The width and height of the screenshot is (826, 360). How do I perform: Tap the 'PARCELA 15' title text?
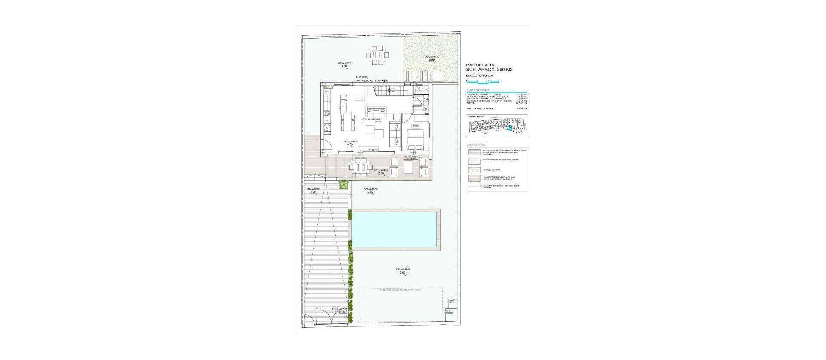click(479, 65)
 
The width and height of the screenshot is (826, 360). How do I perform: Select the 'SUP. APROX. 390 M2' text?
click(490, 70)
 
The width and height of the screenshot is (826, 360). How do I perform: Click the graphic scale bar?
click(482, 81)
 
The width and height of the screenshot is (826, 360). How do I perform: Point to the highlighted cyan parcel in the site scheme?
click(511, 127)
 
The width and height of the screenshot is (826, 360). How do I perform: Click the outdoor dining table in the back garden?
click(377, 55)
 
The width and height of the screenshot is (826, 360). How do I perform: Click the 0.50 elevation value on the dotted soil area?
click(431, 60)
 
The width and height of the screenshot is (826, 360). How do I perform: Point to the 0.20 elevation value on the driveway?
click(313, 192)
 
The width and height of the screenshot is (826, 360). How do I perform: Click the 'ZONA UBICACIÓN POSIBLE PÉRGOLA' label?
click(400, 290)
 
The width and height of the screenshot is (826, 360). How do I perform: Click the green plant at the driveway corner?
click(343, 185)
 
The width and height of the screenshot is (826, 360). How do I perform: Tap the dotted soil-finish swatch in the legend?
click(475, 170)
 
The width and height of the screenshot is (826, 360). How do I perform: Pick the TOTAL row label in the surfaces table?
click(471, 103)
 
